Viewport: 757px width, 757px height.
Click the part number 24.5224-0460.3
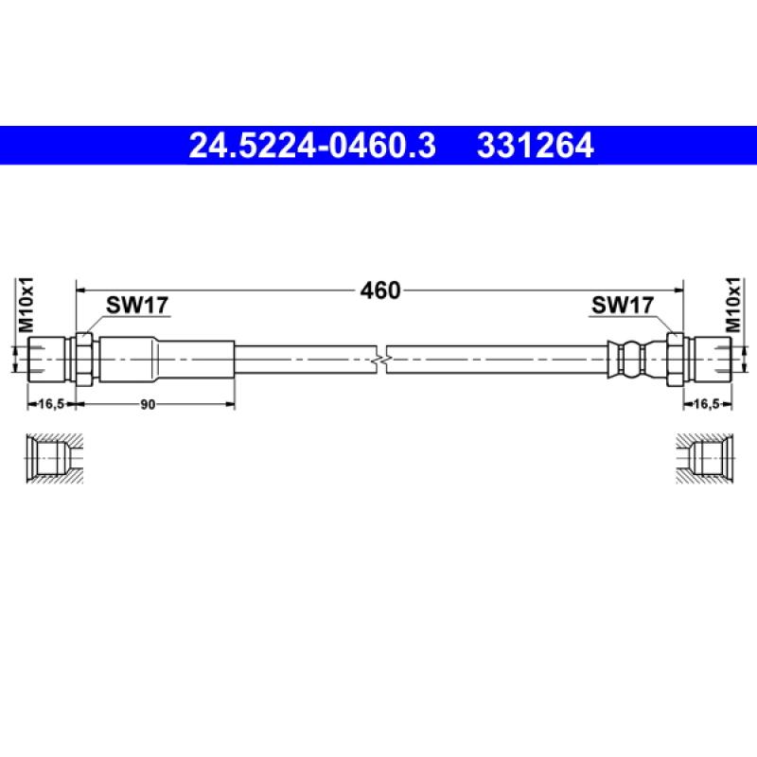[x=312, y=146]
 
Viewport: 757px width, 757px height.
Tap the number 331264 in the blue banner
[x=535, y=146]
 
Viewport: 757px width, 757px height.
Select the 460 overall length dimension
[x=380, y=290]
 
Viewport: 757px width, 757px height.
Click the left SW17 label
[x=137, y=305]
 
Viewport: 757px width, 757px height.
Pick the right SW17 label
[x=623, y=305]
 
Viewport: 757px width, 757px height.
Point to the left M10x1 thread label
[x=26, y=305]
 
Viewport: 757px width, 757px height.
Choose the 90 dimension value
[x=149, y=405]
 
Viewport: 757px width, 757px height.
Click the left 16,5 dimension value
[x=51, y=404]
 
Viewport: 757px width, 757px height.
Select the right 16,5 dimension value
[x=706, y=404]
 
